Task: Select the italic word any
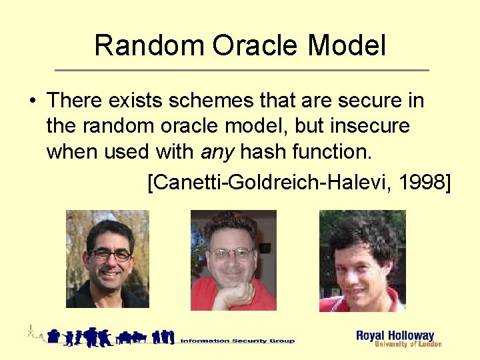217,152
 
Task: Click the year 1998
421,182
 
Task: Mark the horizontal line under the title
241,70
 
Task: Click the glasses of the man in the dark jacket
109,255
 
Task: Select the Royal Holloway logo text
395,335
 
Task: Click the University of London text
408,345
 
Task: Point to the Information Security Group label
237,341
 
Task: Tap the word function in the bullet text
336,151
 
